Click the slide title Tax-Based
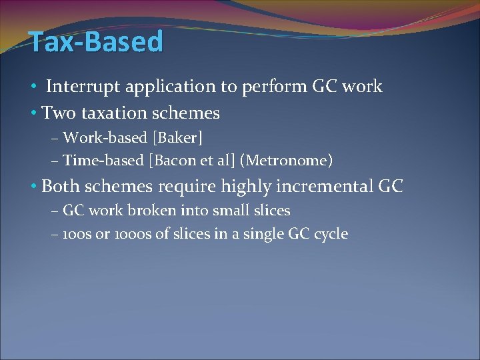tap(96, 42)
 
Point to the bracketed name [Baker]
tap(177, 138)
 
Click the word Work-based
tap(106, 138)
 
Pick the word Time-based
tap(106, 161)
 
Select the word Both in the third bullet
tap(61, 187)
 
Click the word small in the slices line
tap(229, 211)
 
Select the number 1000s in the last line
tap(119, 234)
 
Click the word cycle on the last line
tap(332, 235)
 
